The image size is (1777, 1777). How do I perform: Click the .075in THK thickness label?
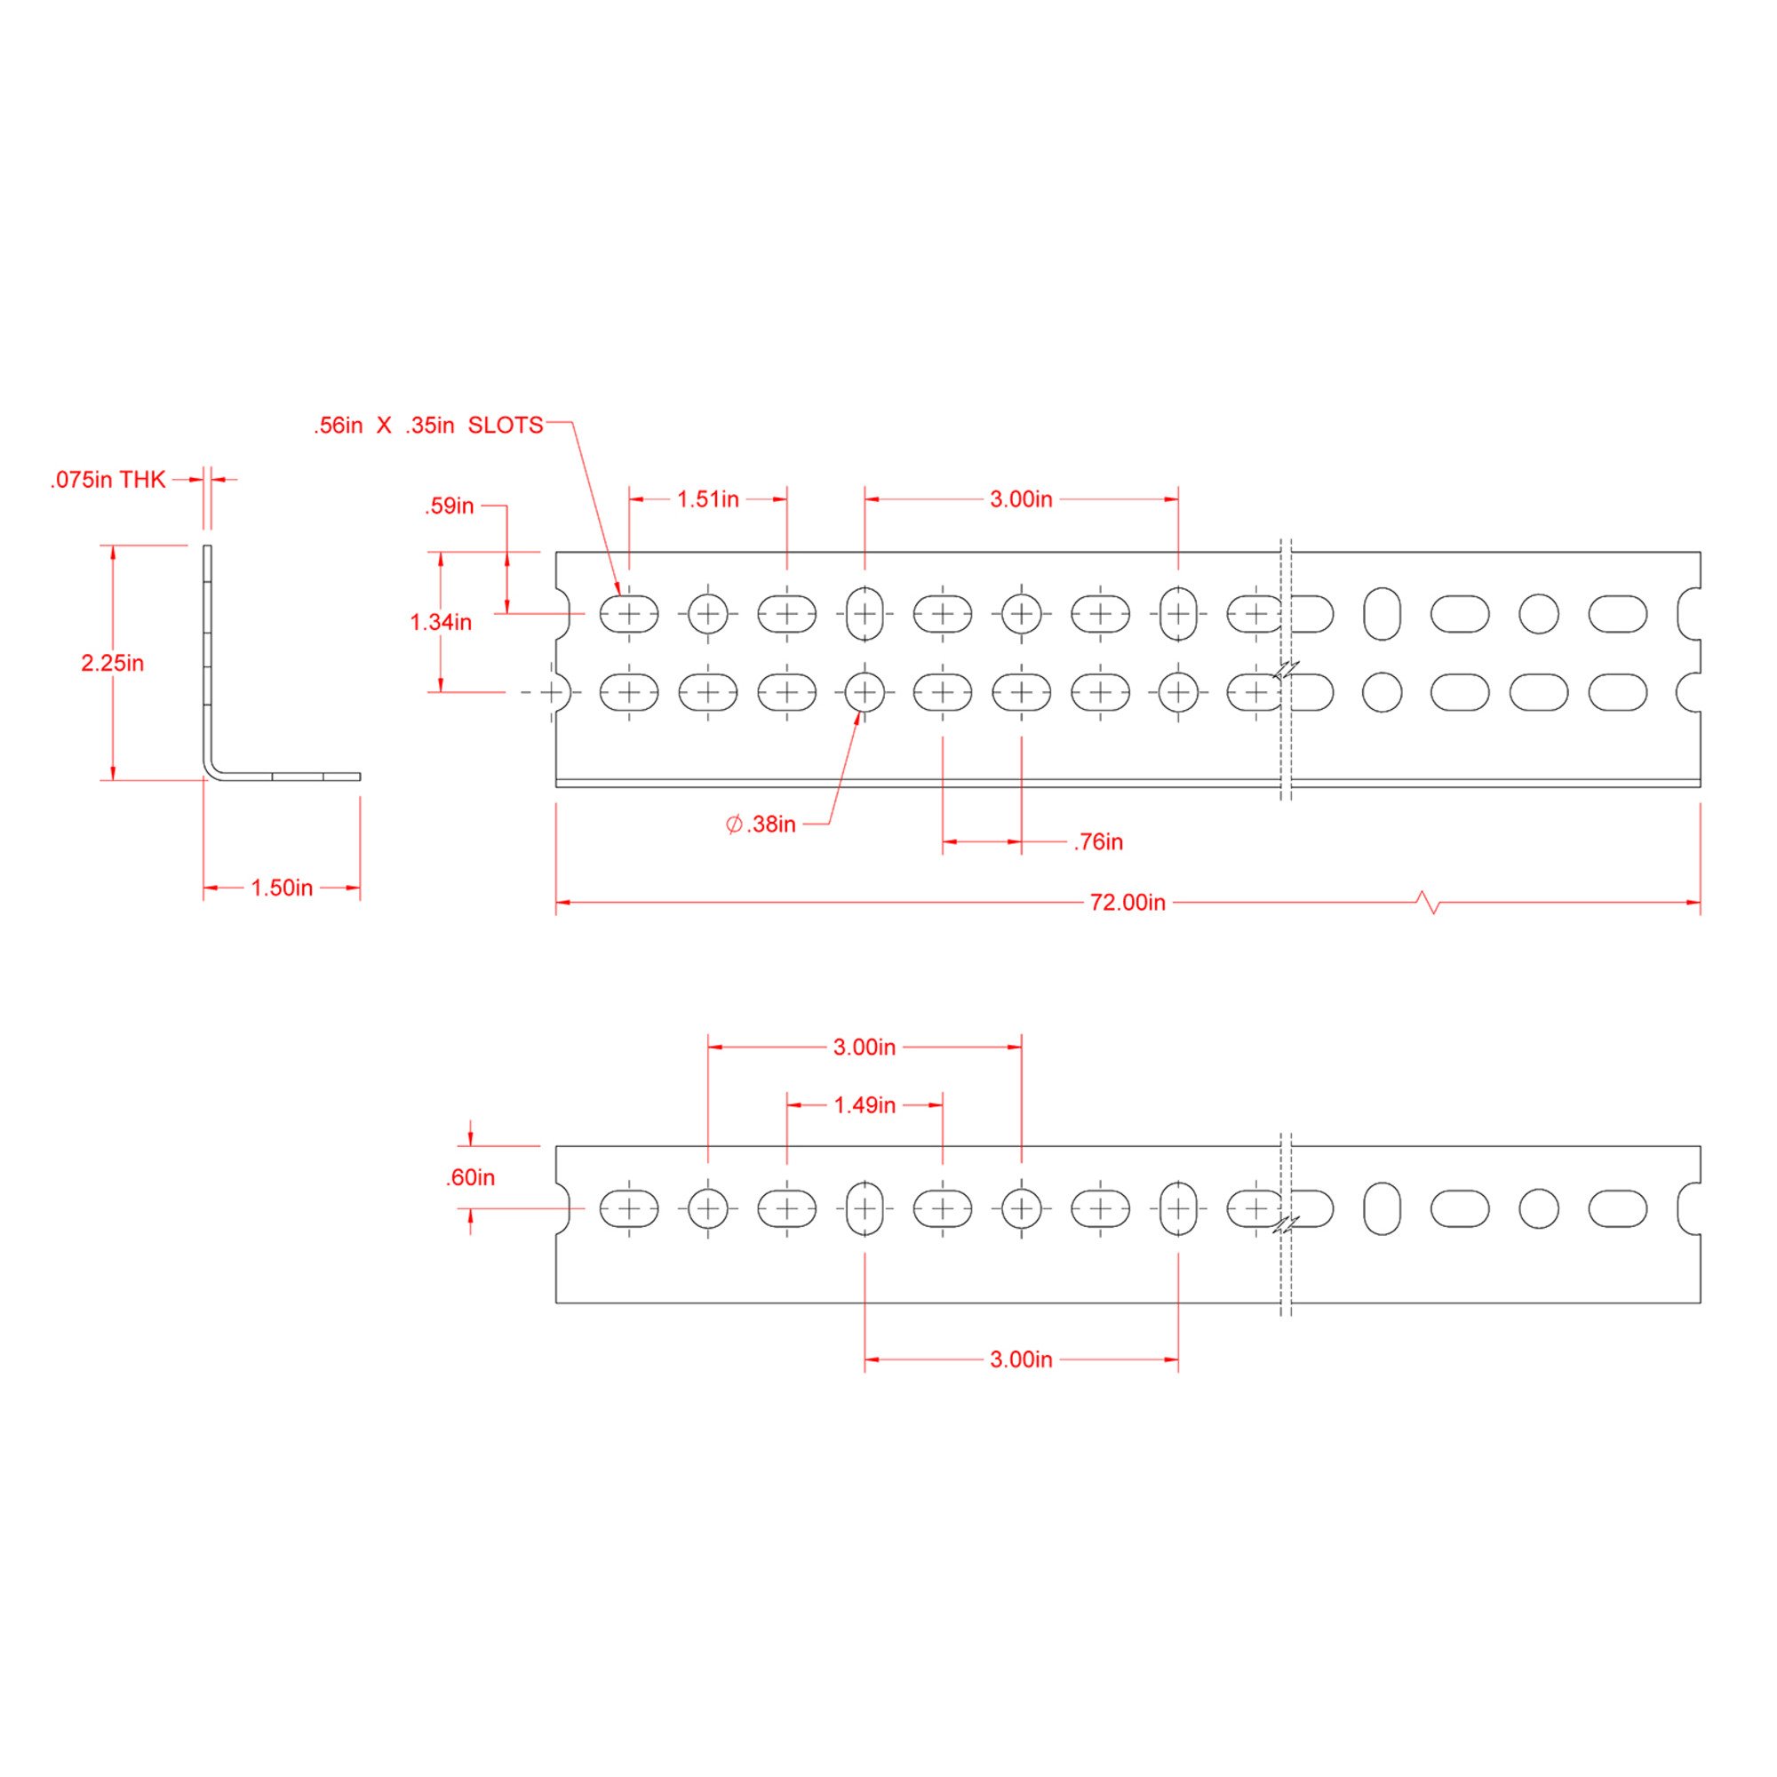pyautogui.click(x=108, y=480)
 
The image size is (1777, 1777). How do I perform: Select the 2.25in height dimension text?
pyautogui.click(x=112, y=663)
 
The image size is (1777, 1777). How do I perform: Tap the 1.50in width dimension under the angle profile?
pyautogui.click(x=282, y=888)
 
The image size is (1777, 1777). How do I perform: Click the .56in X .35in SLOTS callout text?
pyautogui.click(x=428, y=425)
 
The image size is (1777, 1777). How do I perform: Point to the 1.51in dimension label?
pyautogui.click(x=707, y=499)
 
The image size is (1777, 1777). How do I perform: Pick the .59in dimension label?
pyautogui.click(x=449, y=506)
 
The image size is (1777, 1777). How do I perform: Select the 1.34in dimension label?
pyautogui.click(x=441, y=623)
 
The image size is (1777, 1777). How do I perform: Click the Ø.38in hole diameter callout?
pyautogui.click(x=761, y=825)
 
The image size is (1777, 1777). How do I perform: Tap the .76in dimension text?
pyautogui.click(x=1097, y=841)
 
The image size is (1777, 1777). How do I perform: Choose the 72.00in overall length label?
pyautogui.click(x=1128, y=903)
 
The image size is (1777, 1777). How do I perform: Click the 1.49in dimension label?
pyautogui.click(x=865, y=1104)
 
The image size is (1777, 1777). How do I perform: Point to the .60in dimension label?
pyautogui.click(x=470, y=1177)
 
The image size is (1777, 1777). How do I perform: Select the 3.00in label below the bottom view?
pyautogui.click(x=1021, y=1359)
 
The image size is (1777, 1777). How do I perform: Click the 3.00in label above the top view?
pyautogui.click(x=1021, y=499)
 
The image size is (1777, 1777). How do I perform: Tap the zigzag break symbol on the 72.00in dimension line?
pyautogui.click(x=1429, y=903)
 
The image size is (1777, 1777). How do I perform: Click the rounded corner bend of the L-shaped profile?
pyautogui.click(x=212, y=770)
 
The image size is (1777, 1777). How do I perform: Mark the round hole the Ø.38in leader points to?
pyautogui.click(x=865, y=691)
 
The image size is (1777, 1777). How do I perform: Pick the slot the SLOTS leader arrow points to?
pyautogui.click(x=629, y=613)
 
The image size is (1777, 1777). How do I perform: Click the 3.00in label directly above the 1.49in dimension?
pyautogui.click(x=865, y=1047)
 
